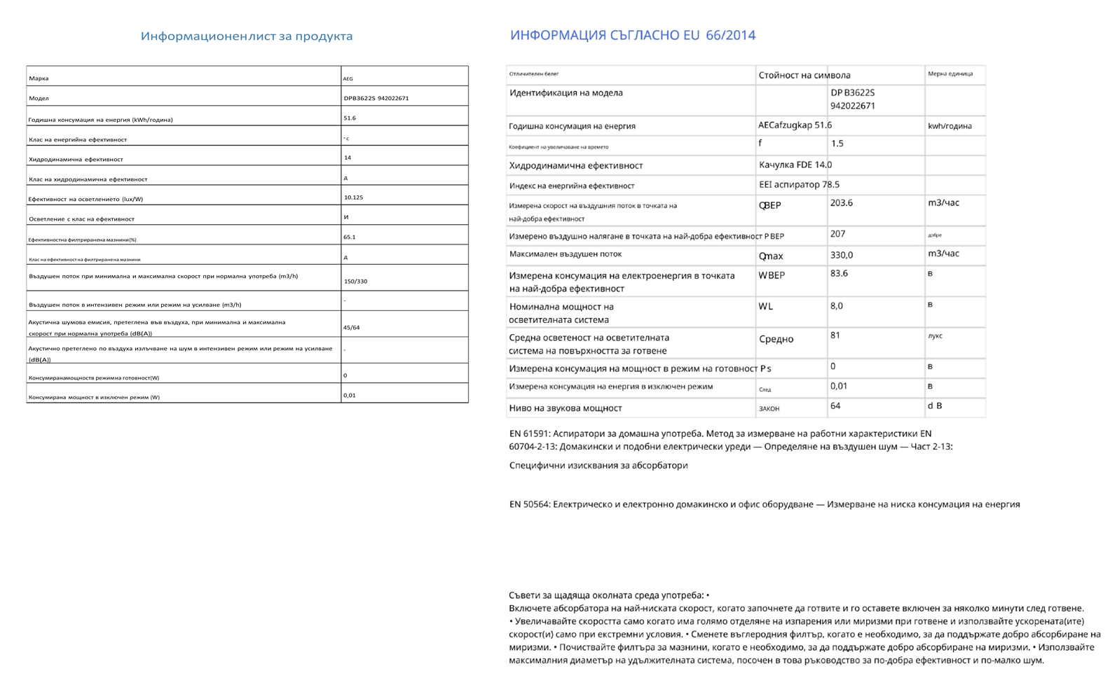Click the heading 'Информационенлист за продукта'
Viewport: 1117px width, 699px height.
(x=247, y=36)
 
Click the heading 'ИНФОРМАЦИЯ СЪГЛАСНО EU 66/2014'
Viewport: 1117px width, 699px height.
(x=632, y=35)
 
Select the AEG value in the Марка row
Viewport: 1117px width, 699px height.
(x=348, y=78)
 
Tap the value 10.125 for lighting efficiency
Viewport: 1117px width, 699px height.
(x=353, y=198)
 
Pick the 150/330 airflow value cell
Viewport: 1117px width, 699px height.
(x=355, y=281)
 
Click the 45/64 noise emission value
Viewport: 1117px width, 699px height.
(x=352, y=327)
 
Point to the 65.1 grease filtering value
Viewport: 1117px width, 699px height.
(x=350, y=237)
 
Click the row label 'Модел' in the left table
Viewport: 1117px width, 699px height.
(x=39, y=98)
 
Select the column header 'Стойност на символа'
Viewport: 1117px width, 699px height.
(x=804, y=75)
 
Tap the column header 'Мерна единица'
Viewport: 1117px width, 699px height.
(x=950, y=74)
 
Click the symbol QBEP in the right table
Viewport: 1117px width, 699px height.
(x=769, y=205)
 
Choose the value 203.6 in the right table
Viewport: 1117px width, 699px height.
(x=841, y=203)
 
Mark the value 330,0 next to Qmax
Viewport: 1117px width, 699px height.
(x=841, y=255)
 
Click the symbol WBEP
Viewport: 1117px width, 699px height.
(x=772, y=275)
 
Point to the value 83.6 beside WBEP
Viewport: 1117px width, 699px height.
(x=839, y=273)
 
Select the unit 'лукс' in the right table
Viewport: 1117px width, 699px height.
(x=935, y=336)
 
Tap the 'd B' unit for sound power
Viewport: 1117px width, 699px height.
(x=935, y=406)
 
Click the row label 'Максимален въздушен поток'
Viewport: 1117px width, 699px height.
(x=565, y=254)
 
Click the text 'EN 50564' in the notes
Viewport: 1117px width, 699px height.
(x=529, y=504)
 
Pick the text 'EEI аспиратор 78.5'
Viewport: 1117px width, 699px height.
(x=799, y=185)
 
